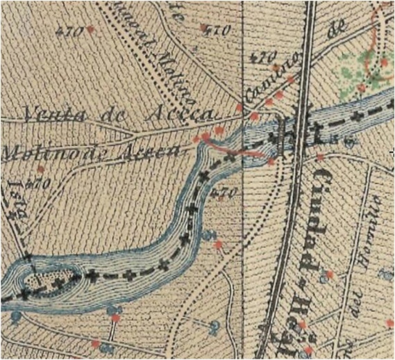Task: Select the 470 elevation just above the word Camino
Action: pyautogui.click(x=262, y=56)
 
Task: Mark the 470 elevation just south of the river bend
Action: pyautogui.click(x=227, y=192)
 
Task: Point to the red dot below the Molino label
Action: pyautogui.click(x=41, y=169)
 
